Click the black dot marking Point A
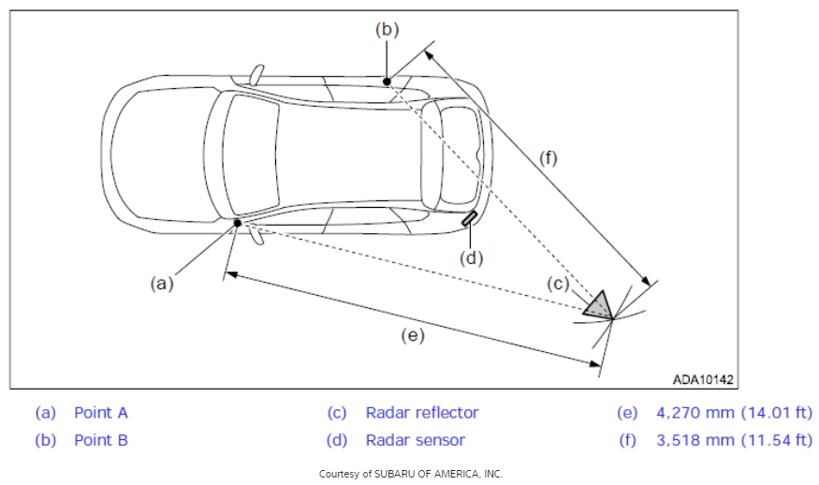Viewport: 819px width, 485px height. point(237,223)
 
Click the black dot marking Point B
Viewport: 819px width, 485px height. point(387,81)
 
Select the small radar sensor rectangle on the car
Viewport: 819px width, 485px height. point(469,218)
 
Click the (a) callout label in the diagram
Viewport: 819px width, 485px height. point(161,284)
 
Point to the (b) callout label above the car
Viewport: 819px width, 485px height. point(388,29)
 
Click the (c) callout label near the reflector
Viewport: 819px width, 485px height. point(558,284)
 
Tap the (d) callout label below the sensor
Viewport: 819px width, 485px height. point(471,258)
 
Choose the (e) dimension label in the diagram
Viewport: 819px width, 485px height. point(413,335)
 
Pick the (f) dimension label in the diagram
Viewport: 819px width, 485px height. point(548,158)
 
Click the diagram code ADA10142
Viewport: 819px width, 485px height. point(703,379)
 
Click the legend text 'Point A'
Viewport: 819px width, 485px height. point(101,413)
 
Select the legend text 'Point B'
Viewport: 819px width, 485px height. point(101,440)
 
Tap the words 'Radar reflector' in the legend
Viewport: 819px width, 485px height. point(422,413)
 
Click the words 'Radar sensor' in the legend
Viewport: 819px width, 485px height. point(416,440)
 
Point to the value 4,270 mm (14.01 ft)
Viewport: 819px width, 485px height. point(735,413)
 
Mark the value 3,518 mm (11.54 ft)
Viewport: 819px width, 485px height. point(735,440)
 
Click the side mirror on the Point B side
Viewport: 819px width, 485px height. point(256,75)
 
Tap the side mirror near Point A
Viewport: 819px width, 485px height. point(256,234)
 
